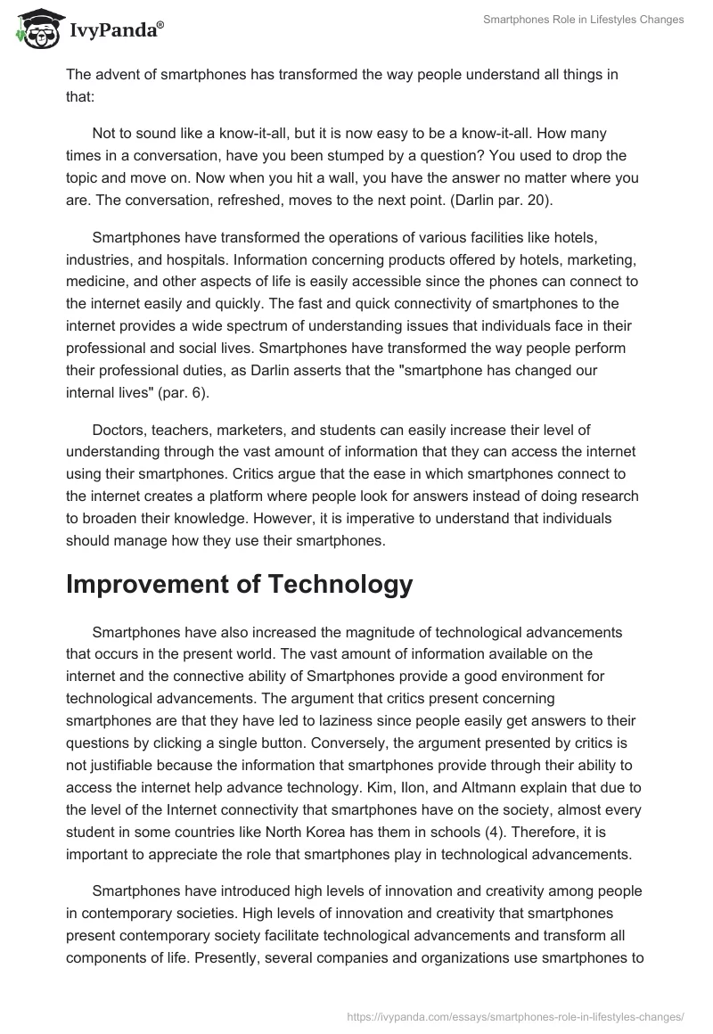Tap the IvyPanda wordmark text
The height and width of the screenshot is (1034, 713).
pyautogui.click(x=116, y=30)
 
